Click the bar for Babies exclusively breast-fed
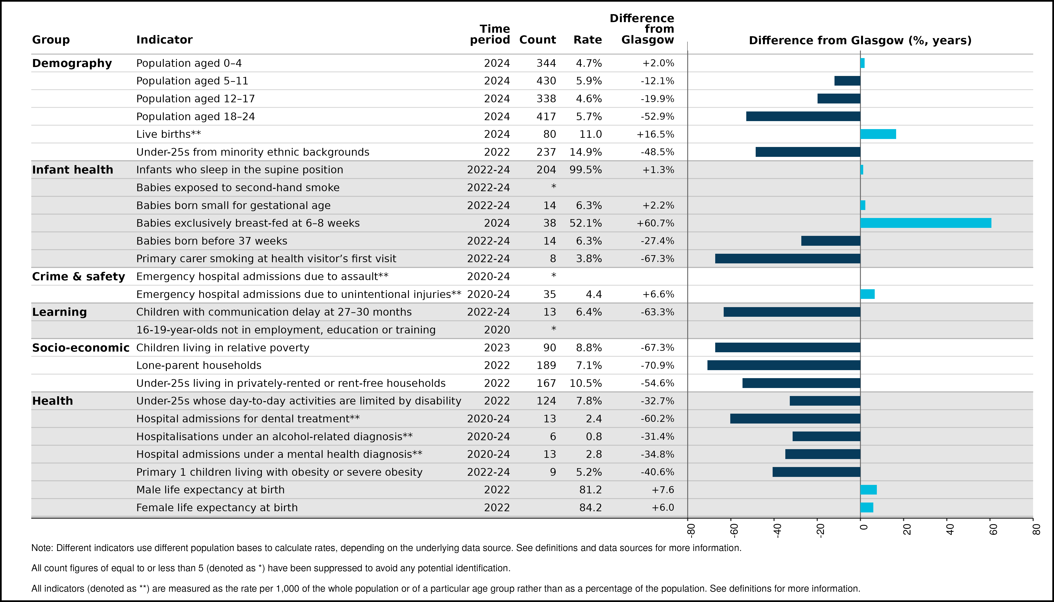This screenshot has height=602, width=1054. point(926,223)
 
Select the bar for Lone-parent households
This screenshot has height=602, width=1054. point(784,365)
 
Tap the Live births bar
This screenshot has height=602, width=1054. point(878,134)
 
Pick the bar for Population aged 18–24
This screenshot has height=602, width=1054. point(803,116)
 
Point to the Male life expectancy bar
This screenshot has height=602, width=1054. point(869,490)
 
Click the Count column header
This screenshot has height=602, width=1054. point(537,40)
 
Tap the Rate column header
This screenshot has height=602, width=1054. point(587,40)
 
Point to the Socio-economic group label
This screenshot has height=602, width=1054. point(81,348)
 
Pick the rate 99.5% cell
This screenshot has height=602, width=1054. point(586,170)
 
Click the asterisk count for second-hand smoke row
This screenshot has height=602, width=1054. point(554,186)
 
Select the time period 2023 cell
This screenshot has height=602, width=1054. point(497,348)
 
